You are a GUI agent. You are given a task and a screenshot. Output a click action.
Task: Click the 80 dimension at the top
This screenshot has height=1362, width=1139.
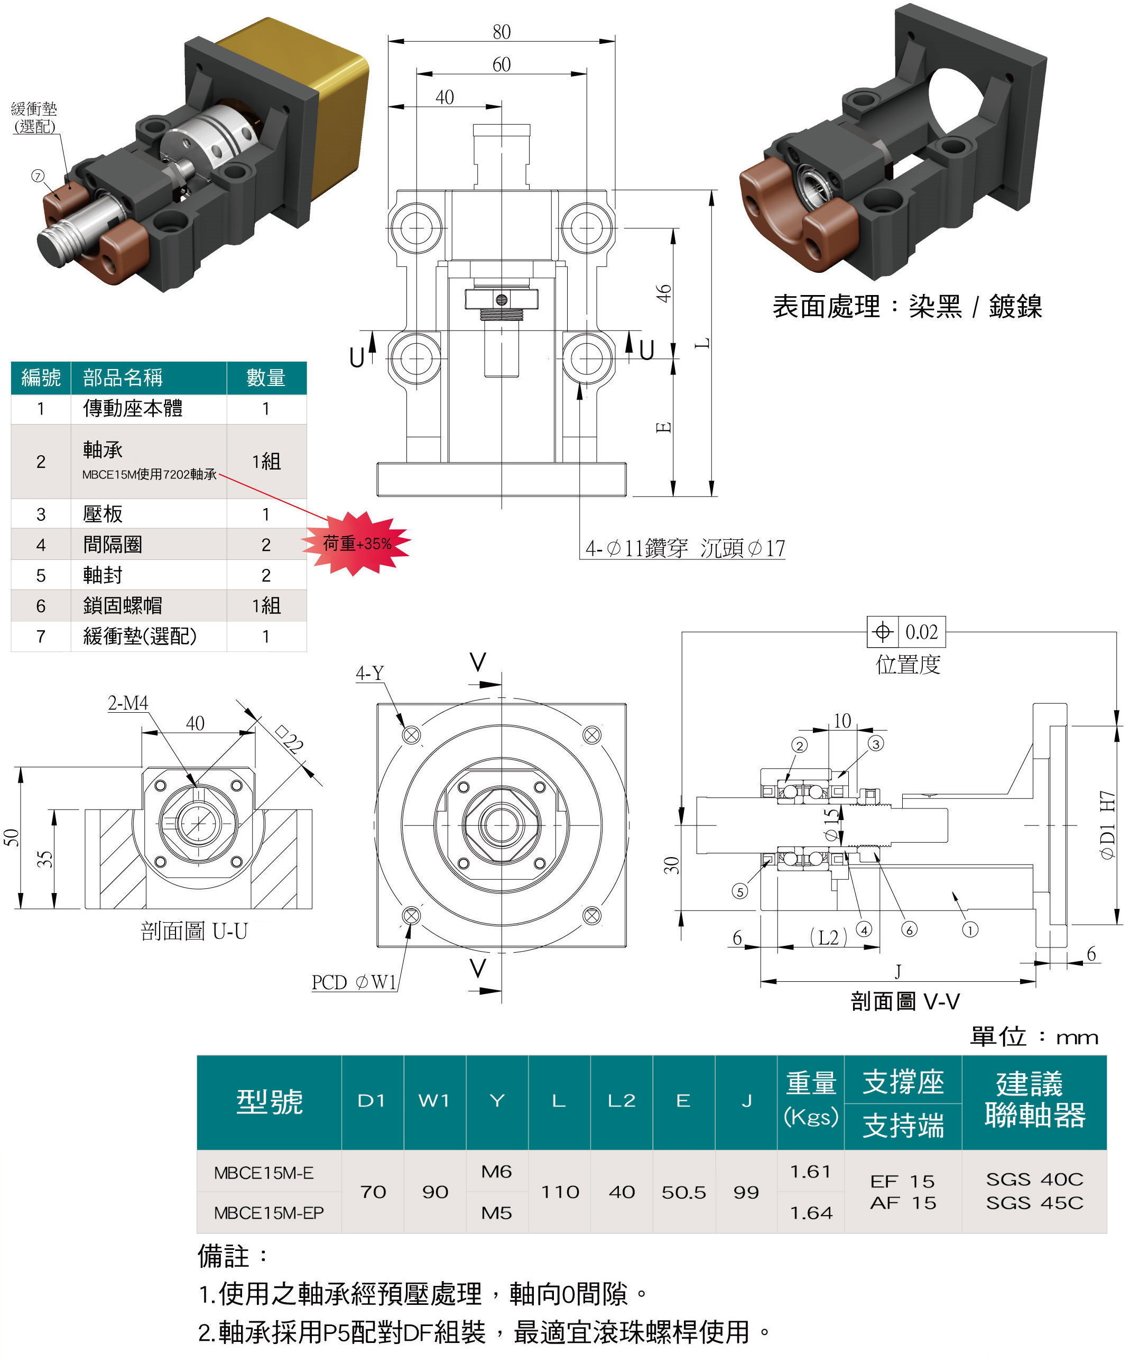501,32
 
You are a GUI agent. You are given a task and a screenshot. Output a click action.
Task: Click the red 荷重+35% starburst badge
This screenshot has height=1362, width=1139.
357,544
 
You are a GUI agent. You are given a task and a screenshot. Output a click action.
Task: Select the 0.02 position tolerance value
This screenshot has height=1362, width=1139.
921,632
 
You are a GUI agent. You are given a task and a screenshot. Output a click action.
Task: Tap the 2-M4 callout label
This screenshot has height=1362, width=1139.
128,703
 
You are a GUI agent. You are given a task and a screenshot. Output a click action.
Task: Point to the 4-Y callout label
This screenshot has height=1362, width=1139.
369,673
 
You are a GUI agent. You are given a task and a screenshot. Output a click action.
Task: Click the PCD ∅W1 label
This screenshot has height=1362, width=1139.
354,982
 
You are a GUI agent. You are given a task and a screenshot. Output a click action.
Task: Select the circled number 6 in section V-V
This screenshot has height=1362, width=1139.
910,930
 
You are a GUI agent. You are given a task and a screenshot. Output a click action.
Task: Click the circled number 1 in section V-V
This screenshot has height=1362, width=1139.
970,930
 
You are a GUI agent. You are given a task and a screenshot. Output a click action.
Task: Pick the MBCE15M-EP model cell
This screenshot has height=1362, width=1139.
268,1213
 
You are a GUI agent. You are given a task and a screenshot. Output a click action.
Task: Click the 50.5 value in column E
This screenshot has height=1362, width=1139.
683,1193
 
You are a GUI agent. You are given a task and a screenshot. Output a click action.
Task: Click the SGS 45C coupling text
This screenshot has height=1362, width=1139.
1035,1203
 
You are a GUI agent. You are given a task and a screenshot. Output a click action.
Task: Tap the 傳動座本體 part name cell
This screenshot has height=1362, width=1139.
133,409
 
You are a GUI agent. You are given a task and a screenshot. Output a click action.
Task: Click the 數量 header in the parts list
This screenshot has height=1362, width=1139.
266,378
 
